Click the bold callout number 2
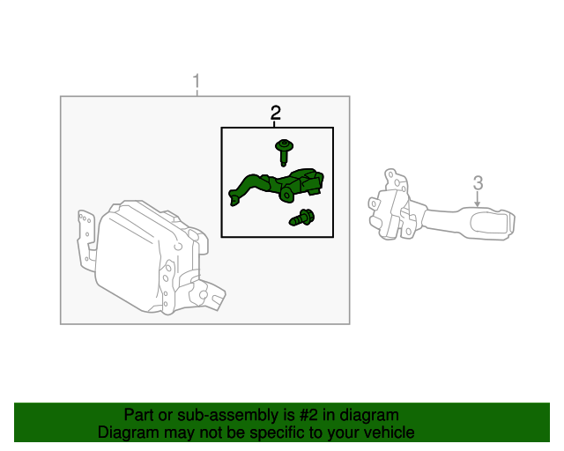pyautogui.click(x=276, y=112)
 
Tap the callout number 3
pyautogui.click(x=478, y=183)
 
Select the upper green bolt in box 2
pyautogui.click(x=284, y=150)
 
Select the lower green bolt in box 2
pyautogui.click(x=304, y=217)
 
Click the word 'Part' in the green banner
pyautogui.click(x=139, y=415)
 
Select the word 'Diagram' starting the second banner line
pyautogui.click(x=126, y=433)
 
